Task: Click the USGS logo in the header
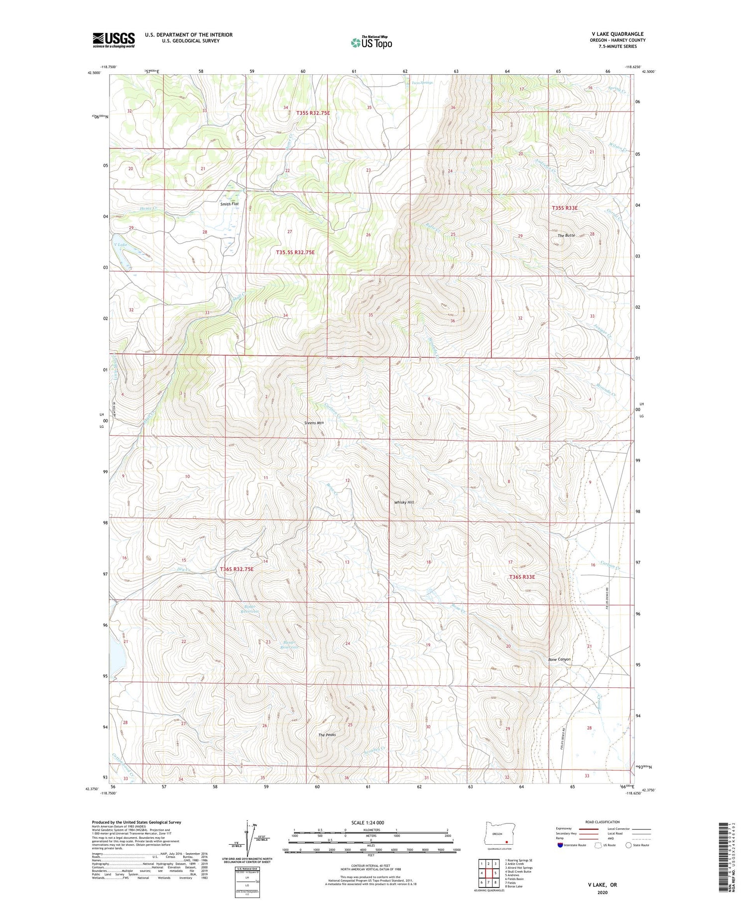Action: tap(114, 40)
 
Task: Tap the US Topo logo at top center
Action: tap(371, 42)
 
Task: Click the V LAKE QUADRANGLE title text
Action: tap(616, 34)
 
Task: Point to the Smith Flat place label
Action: tap(230, 204)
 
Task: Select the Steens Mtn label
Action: tap(314, 423)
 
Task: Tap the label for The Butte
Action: tap(566, 235)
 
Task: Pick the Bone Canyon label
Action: tap(559, 659)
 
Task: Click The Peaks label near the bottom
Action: tap(327, 735)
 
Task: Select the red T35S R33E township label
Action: tap(565, 208)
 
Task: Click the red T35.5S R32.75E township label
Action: tap(295, 253)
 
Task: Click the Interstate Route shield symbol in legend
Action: tap(561, 845)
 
